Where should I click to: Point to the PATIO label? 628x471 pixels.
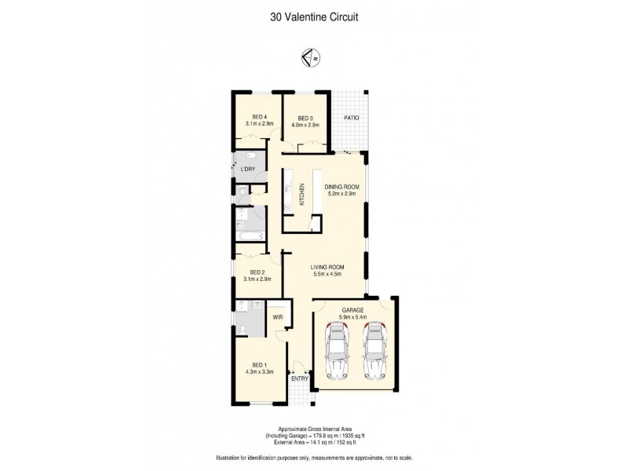(351, 119)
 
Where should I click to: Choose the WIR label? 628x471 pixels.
(277, 317)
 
